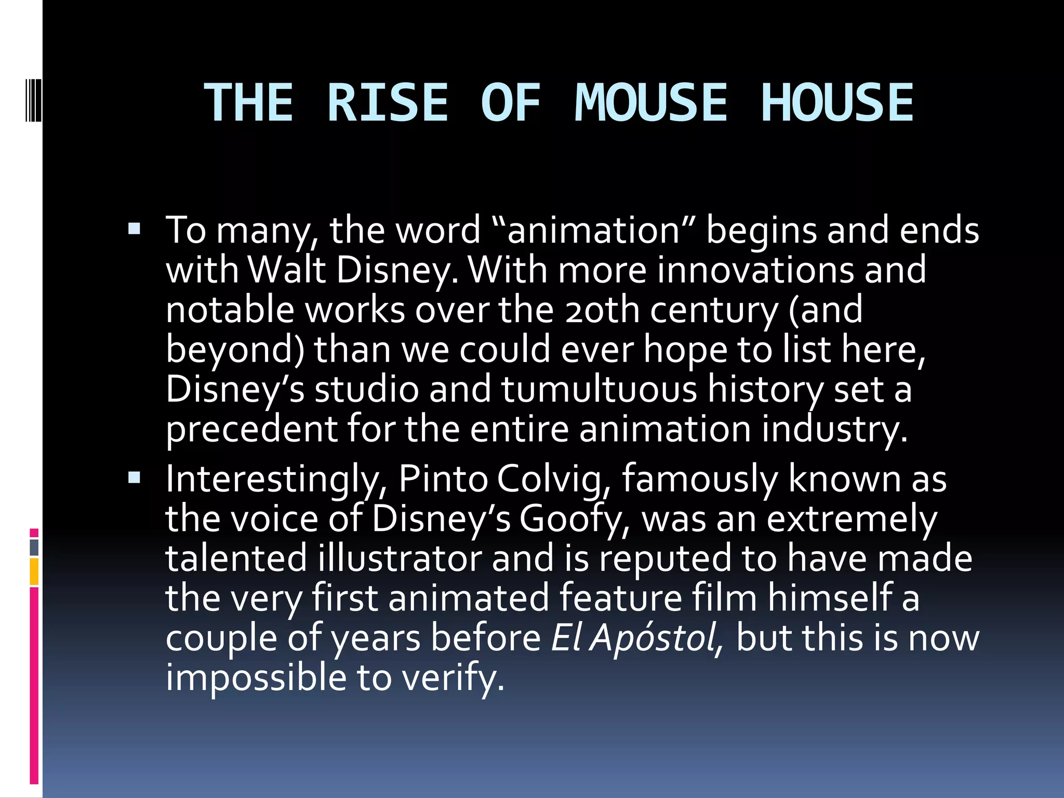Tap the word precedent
pos(251,430)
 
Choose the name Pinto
pos(443,478)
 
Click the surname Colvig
pos(554,480)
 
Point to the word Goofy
pos(575,520)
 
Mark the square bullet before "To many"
pos(134,229)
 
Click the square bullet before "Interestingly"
pos(134,477)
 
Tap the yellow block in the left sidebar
pos(34,571)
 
